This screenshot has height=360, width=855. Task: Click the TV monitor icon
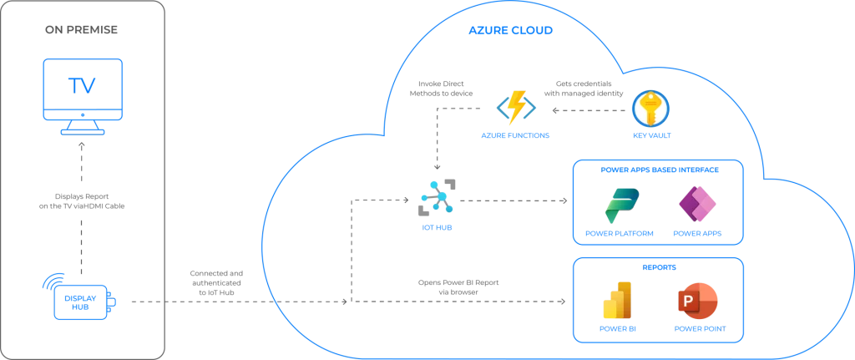tap(83, 89)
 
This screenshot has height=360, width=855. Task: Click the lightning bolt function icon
tap(515, 107)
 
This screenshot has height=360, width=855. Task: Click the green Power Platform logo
tap(620, 205)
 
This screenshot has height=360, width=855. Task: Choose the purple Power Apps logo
tap(697, 205)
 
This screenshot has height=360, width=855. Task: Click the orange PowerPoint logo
tap(697, 301)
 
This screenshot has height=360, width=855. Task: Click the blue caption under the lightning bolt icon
tap(515, 134)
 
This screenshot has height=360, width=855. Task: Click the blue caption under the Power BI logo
tap(618, 329)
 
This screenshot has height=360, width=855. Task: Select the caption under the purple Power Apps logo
tap(697, 235)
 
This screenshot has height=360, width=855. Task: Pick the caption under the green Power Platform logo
tap(620, 235)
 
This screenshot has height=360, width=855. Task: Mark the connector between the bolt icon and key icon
tap(584, 108)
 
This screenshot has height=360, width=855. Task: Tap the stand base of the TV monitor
tap(83, 130)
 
